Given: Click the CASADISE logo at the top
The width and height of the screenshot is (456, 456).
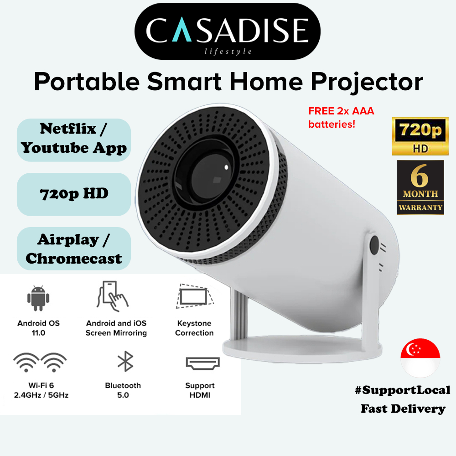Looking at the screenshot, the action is (x=228, y=31).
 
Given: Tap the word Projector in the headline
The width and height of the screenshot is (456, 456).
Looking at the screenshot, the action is (x=367, y=82).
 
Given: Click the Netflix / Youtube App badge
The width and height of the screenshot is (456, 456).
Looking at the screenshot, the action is (x=74, y=140).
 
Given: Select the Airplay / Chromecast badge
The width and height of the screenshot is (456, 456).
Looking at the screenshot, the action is (x=74, y=249).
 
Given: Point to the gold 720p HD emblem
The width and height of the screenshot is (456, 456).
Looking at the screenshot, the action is (x=420, y=136).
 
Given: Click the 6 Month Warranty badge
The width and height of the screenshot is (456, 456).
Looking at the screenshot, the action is (x=420, y=187).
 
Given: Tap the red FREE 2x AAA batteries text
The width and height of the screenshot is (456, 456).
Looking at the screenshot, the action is (x=341, y=118).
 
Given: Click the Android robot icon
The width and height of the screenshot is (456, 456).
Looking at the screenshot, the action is (x=38, y=298).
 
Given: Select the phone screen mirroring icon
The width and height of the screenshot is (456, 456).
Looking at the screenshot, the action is (x=112, y=296).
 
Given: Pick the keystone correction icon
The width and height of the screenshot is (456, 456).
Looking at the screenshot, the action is (x=195, y=296).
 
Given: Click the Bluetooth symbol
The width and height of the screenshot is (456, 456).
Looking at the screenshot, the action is (x=125, y=361).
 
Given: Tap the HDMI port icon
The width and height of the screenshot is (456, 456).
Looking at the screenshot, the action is (x=203, y=363).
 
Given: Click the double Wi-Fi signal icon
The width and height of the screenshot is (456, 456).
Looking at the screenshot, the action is (x=40, y=363).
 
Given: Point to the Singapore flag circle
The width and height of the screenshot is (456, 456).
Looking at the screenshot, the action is (x=420, y=358).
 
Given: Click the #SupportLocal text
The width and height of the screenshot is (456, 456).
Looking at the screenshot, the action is (x=403, y=390).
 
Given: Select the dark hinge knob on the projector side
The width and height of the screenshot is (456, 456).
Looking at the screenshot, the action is (x=374, y=246).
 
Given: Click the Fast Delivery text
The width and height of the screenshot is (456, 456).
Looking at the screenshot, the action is (x=403, y=409).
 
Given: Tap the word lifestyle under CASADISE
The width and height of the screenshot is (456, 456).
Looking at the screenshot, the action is (x=228, y=52).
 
